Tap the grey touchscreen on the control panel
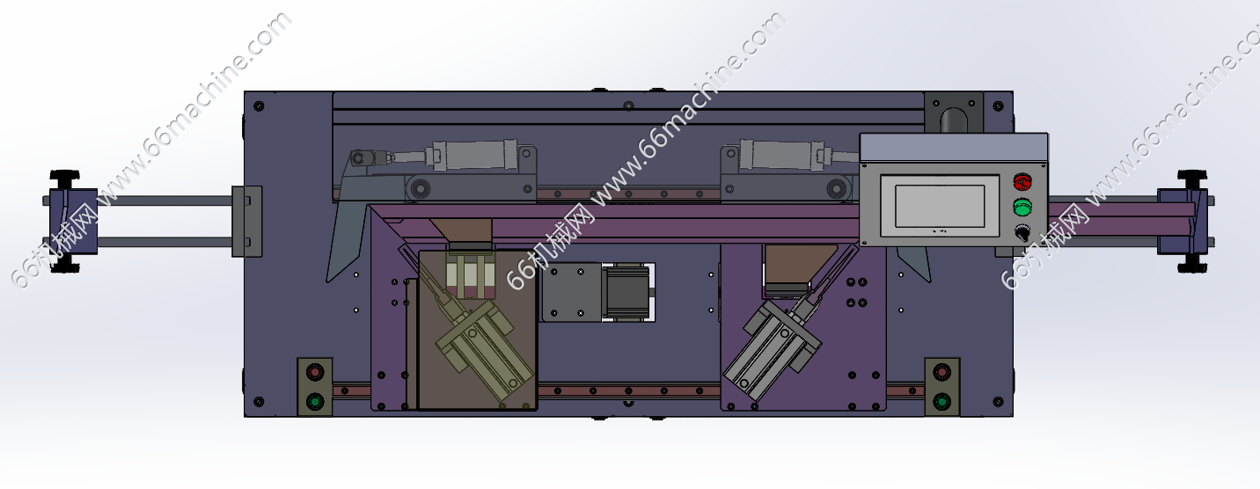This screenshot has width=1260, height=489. [940, 207]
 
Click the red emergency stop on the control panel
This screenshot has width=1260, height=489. [1022, 181]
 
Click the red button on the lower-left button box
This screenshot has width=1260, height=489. [314, 372]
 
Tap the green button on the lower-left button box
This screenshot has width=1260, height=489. [314, 401]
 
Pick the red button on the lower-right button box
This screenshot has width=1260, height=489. [941, 371]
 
